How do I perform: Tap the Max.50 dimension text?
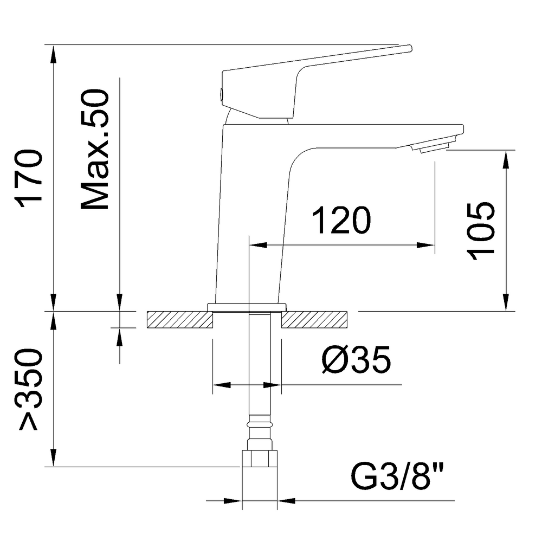(95, 151)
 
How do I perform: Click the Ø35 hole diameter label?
(355, 360)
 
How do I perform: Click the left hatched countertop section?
(178, 320)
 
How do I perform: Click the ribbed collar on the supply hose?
(259, 422)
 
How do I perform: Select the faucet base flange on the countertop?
(247, 307)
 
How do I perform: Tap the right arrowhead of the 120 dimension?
(428, 246)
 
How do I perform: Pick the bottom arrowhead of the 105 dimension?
(506, 304)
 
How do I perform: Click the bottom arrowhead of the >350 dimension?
(53, 459)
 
